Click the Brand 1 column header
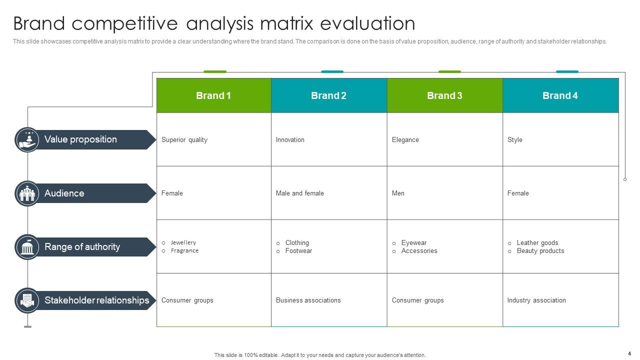click(x=213, y=95)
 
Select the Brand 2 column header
click(x=328, y=95)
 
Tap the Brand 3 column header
click(x=444, y=95)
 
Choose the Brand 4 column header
click(x=560, y=95)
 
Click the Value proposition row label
click(x=80, y=139)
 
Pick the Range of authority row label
click(x=82, y=247)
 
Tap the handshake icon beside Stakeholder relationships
click(x=27, y=300)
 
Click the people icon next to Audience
click(x=27, y=193)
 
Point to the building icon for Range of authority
click(x=27, y=247)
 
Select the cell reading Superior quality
click(x=184, y=140)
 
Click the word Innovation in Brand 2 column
click(x=290, y=140)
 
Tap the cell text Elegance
click(x=405, y=140)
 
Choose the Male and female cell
click(x=299, y=193)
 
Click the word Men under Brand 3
click(x=398, y=193)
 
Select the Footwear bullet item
click(x=298, y=251)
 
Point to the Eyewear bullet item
click(x=413, y=243)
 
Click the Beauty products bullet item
click(x=540, y=251)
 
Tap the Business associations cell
click(x=308, y=300)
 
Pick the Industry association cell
click(x=536, y=300)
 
